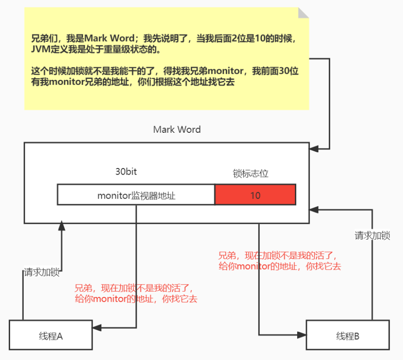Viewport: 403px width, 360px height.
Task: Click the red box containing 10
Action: tap(255, 195)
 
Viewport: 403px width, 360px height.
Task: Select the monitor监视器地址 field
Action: tap(136, 195)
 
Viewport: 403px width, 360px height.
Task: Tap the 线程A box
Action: tap(51, 336)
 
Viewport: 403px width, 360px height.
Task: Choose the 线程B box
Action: tap(347, 336)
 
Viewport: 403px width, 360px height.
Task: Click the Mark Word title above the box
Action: tap(177, 130)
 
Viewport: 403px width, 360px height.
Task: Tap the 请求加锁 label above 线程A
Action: tap(42, 272)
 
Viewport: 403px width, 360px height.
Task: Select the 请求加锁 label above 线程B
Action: tap(372, 236)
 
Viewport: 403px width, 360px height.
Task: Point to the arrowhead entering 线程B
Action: tap(302, 335)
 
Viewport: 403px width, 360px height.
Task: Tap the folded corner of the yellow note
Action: tap(304, 13)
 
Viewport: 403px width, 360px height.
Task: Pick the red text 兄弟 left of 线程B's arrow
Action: tap(227, 255)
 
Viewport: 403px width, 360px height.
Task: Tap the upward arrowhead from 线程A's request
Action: tap(62, 226)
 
